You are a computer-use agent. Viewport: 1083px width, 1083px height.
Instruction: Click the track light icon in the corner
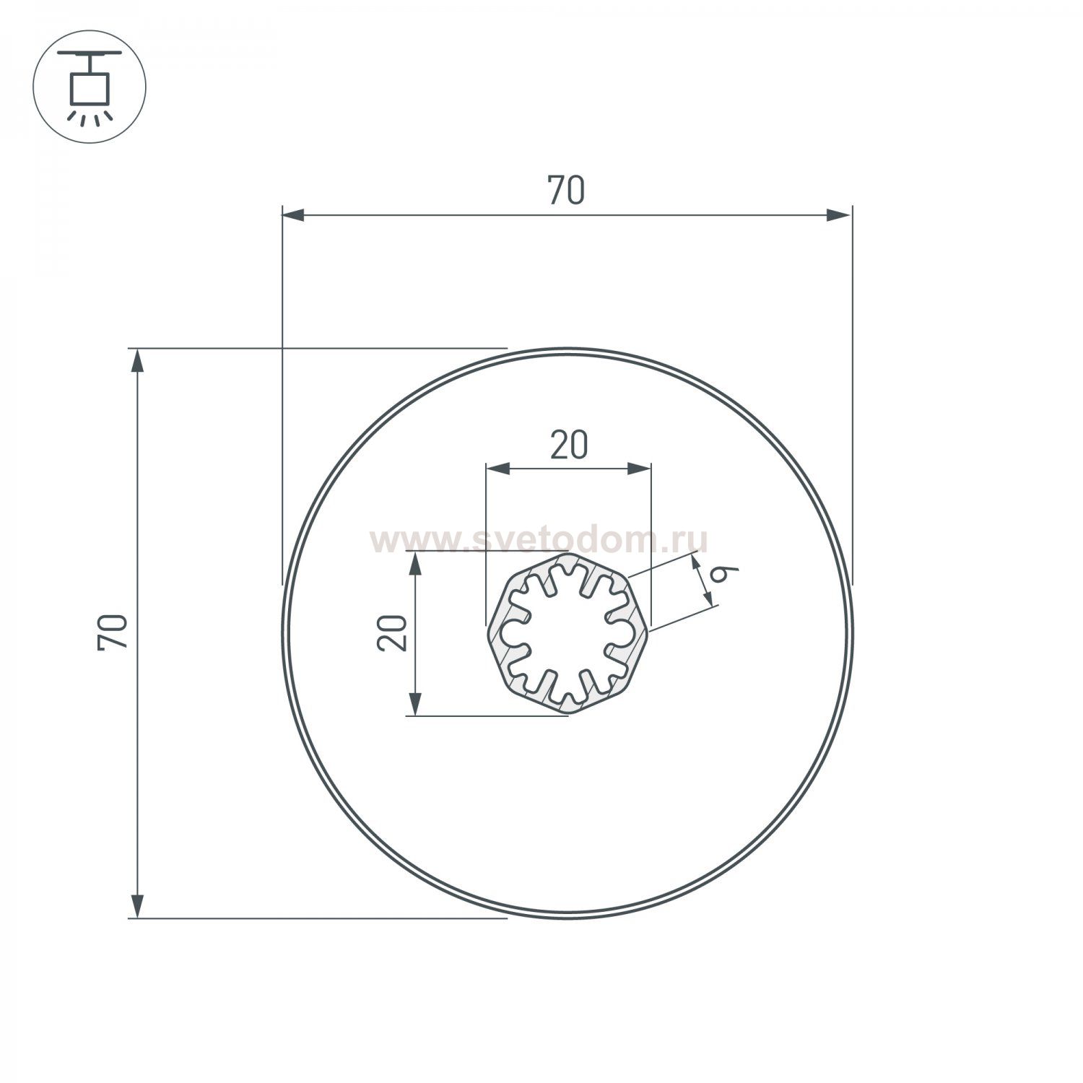pos(90,87)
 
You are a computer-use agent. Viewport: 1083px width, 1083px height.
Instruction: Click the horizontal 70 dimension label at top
pos(566,191)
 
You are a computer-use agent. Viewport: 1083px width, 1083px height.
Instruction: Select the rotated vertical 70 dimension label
pos(114,632)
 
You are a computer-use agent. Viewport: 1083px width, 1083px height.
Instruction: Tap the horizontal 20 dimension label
pos(569,445)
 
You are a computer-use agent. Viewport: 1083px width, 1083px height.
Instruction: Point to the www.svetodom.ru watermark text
pos(539,540)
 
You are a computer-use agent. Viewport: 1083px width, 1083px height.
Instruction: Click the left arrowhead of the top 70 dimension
pos(293,214)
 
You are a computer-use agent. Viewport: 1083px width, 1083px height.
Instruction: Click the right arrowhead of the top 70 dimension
pos(839,214)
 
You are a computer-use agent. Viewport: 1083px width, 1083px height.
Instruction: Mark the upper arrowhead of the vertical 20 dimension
pos(415,564)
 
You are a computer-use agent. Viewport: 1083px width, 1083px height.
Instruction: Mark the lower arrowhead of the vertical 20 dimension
pos(415,703)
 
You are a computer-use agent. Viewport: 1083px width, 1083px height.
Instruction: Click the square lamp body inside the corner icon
pos(90,88)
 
